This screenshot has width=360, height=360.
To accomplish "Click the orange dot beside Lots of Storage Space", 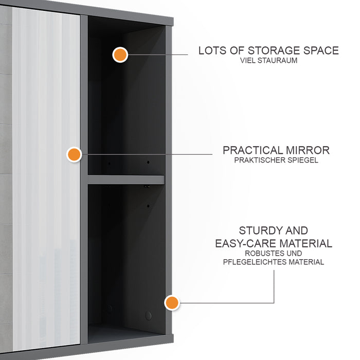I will click(120, 54).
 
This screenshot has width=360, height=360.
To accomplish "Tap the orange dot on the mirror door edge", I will click(75, 154).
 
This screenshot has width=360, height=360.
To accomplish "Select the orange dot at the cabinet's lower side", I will click(172, 302).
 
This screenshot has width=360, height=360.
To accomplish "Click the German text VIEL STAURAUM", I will click(268, 61).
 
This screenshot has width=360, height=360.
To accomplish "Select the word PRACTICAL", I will click(253, 150).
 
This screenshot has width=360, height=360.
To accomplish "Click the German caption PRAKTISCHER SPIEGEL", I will click(276, 160).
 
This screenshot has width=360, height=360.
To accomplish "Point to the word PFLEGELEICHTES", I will click(253, 262).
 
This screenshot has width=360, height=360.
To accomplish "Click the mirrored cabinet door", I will click(46, 180).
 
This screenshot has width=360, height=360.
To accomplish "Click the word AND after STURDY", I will click(296, 231).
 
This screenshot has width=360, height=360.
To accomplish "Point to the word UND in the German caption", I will click(293, 254).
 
